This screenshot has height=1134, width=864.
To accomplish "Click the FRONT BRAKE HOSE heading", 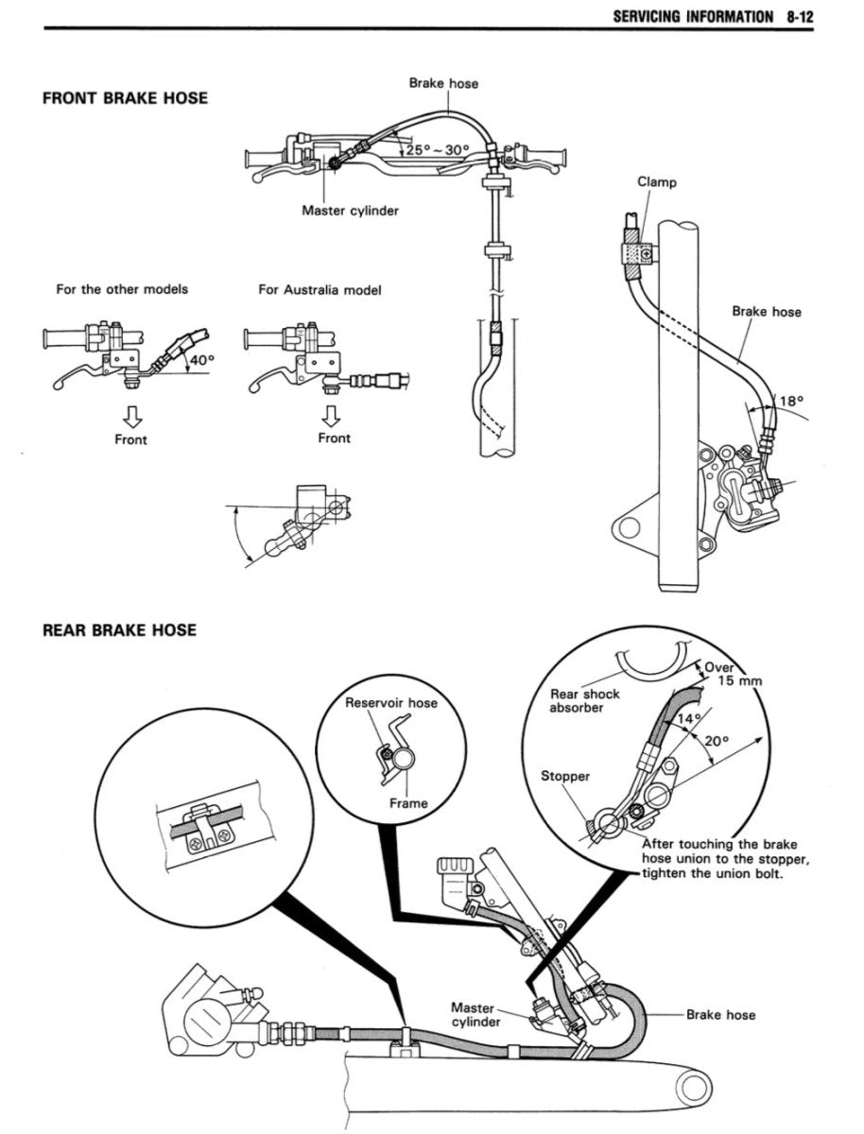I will [x=125, y=98].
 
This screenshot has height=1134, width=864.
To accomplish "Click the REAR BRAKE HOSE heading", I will [x=119, y=629].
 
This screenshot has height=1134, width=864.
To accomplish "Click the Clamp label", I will [x=657, y=182].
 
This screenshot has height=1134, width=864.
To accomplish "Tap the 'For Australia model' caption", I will [x=320, y=290].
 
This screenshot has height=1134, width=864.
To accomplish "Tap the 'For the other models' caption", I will [x=122, y=289].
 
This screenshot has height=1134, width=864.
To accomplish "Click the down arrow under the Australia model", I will [x=331, y=415].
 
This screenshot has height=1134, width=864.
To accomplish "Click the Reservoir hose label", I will [x=391, y=703].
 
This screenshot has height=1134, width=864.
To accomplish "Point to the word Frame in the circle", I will [x=408, y=803].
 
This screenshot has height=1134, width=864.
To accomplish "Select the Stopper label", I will [x=564, y=776].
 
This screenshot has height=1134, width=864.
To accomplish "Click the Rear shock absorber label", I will [x=585, y=700].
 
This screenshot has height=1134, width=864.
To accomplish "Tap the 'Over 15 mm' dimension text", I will [x=730, y=672].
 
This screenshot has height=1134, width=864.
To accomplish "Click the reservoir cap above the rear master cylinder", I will [x=456, y=868].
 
